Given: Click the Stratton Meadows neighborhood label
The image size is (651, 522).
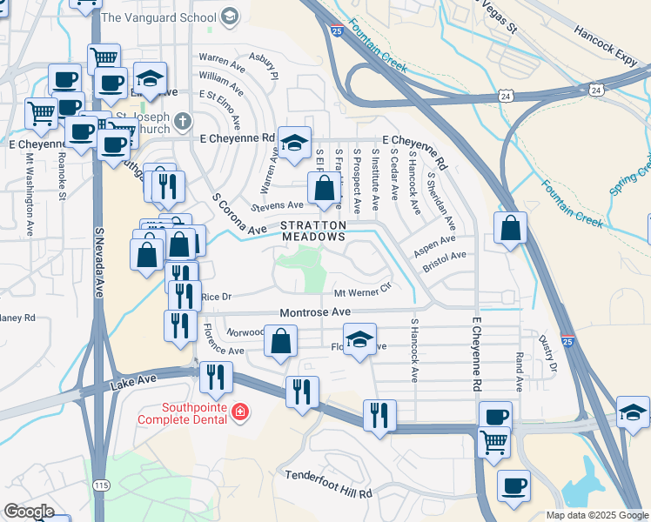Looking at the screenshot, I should (312, 231).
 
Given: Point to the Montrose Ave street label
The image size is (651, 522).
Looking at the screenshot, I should (314, 311).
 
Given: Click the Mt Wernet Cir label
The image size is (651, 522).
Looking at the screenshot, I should (364, 292).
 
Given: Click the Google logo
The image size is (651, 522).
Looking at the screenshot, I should (29, 512).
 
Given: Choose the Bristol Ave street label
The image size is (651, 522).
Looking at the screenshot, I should (445, 263).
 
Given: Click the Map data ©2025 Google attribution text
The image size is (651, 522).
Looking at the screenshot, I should (597, 515).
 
